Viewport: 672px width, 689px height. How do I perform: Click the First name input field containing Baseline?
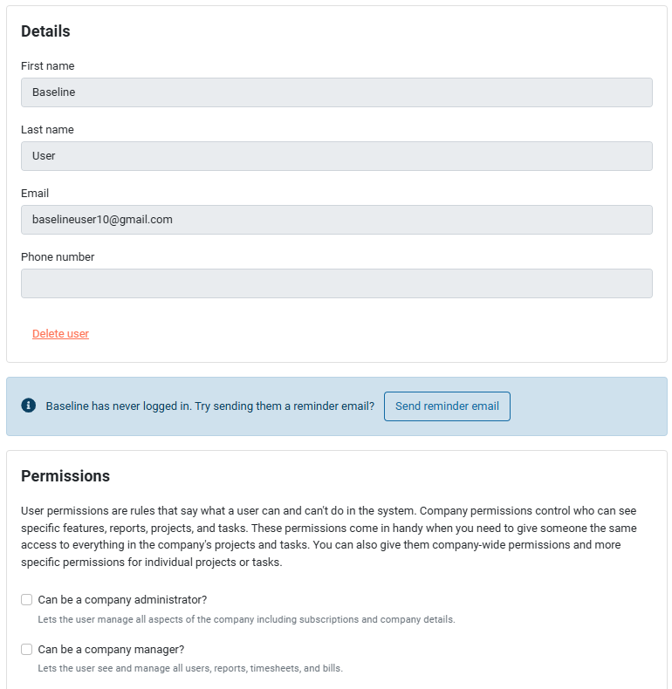click(x=336, y=92)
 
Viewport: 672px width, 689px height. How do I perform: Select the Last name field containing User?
click(x=336, y=156)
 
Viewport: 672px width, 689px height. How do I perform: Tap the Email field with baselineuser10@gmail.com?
click(x=336, y=220)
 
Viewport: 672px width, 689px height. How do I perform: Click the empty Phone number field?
click(x=336, y=283)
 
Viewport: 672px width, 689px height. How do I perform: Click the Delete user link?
click(x=60, y=334)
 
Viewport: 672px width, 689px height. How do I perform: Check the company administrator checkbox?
click(x=27, y=600)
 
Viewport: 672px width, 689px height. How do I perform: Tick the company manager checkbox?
click(x=27, y=650)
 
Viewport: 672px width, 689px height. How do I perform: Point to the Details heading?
click(x=45, y=31)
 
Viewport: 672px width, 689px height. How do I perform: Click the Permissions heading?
click(x=65, y=476)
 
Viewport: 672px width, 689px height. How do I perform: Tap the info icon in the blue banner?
click(x=29, y=406)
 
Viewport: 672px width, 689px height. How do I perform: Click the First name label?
click(x=47, y=66)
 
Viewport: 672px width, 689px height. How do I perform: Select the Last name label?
click(x=47, y=130)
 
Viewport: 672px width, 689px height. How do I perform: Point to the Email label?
click(x=35, y=194)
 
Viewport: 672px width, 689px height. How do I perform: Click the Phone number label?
click(x=58, y=257)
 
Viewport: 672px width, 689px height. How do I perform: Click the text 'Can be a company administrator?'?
click(x=122, y=600)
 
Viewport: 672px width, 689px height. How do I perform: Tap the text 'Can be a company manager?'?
click(x=111, y=650)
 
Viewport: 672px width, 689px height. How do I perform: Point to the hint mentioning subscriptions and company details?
click(x=246, y=620)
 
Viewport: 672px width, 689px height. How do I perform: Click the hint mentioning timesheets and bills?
click(x=190, y=669)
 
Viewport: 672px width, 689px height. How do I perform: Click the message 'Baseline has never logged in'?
click(x=209, y=406)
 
